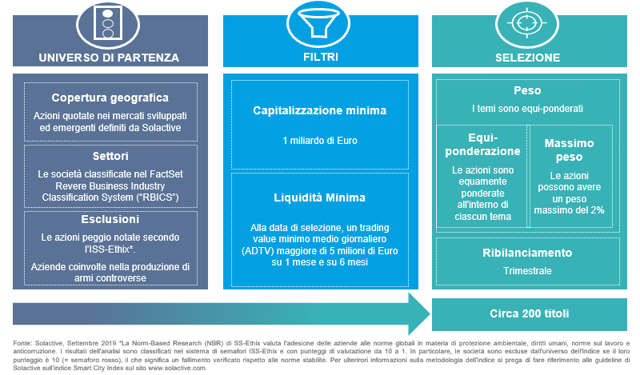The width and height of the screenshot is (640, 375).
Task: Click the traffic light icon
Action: click(108, 23)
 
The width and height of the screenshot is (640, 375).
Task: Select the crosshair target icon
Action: click(527, 23)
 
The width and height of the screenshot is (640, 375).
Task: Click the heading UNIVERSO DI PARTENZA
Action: click(109, 58)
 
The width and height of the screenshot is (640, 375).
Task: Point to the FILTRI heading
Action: click(321, 57)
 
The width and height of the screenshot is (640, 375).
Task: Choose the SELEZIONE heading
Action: click(528, 58)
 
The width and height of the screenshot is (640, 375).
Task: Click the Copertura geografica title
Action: click(110, 98)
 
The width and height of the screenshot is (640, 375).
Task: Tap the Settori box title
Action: click(110, 156)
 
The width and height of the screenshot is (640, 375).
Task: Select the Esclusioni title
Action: click(110, 219)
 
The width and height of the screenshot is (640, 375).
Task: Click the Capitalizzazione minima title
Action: click(319, 110)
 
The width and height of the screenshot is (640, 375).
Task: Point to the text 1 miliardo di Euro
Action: click(320, 141)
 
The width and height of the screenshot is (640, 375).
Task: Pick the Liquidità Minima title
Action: click(319, 198)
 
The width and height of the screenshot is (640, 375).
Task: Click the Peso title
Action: click(527, 90)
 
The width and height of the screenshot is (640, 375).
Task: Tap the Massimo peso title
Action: click(569, 150)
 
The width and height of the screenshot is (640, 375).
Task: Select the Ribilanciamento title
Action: click(527, 253)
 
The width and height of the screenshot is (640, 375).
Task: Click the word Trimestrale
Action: click(527, 271)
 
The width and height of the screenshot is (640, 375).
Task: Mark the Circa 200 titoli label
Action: click(530, 313)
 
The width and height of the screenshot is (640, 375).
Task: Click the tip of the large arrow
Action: click(430, 313)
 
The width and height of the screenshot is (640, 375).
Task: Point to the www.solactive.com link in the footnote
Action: click(177, 368)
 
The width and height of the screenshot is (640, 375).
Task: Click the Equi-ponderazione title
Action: click(483, 145)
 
